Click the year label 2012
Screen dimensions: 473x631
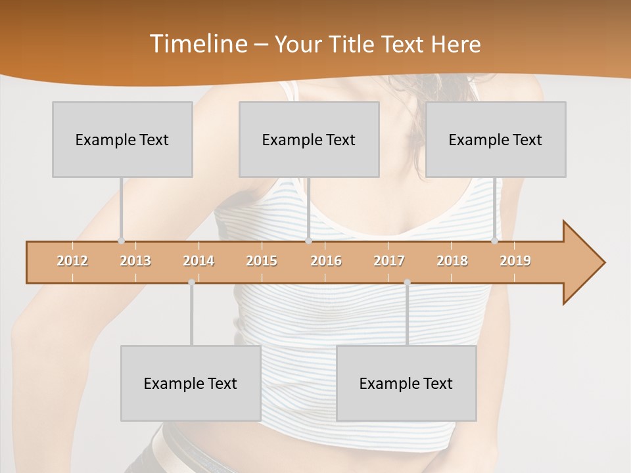[72, 261]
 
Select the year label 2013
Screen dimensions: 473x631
[135, 261]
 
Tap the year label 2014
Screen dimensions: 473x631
[199, 261]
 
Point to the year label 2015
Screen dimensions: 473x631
[262, 261]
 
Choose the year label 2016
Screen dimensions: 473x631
[326, 261]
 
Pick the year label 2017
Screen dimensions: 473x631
[389, 261]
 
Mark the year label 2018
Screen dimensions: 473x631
[452, 261]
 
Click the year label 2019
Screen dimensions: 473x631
[515, 261]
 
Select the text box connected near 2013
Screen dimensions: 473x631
[122, 139]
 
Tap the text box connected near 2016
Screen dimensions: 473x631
[309, 139]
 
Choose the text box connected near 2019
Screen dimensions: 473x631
[496, 139]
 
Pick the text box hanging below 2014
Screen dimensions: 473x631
[191, 383]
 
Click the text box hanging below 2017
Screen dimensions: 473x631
[406, 383]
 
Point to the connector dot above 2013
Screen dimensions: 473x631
[121, 241]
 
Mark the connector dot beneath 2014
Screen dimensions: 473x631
[191, 282]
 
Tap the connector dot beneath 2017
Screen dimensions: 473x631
[407, 282]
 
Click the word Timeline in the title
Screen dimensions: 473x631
[197, 44]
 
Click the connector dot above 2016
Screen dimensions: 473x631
[308, 241]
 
